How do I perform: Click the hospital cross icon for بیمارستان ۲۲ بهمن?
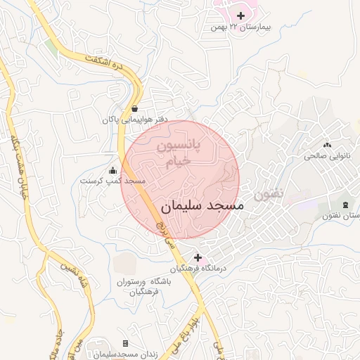pyautogui.click(x=241, y=15)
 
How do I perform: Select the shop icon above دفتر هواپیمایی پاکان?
pyautogui.click(x=134, y=108)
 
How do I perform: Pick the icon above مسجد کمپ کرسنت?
pyautogui.click(x=112, y=169)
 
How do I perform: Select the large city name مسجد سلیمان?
pyautogui.click(x=202, y=207)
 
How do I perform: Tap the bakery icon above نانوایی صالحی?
pyautogui.click(x=326, y=144)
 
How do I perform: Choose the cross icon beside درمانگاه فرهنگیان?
pyautogui.click(x=198, y=257)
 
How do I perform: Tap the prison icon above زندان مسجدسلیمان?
pyautogui.click(x=125, y=343)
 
